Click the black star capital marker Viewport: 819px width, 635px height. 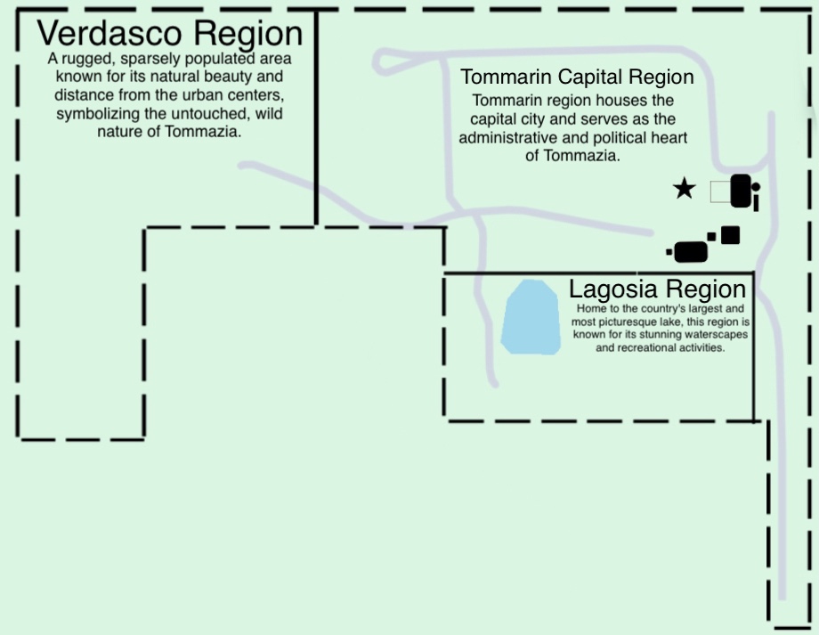684,189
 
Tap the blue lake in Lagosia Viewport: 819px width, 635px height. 531,318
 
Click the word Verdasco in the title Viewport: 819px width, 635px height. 109,34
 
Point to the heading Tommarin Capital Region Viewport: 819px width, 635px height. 576,77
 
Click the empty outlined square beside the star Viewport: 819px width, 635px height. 719,191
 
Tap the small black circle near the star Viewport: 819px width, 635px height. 756,187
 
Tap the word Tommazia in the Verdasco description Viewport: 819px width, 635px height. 213,132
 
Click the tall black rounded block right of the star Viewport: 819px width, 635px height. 740,191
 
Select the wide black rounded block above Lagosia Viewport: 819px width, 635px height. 691,252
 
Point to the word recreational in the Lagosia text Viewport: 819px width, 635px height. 653,347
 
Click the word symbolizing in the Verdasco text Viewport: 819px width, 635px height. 92,114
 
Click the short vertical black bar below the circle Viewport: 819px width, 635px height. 756,204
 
